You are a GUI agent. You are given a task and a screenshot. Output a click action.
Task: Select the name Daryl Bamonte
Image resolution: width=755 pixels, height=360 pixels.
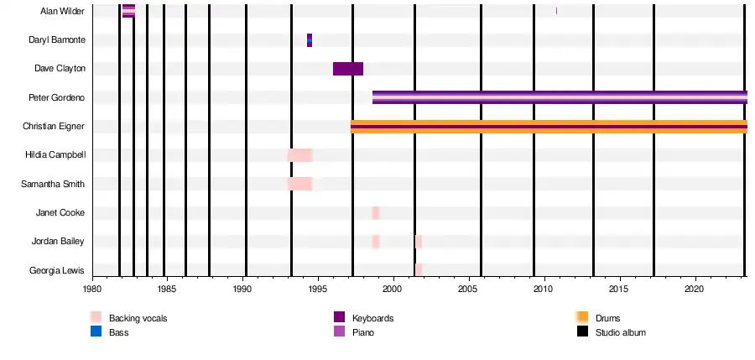(x=58, y=40)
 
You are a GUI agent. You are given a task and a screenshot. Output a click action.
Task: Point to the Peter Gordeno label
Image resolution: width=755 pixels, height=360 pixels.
(x=58, y=97)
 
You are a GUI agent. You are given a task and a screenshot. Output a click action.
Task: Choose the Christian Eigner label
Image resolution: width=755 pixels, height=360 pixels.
(x=55, y=126)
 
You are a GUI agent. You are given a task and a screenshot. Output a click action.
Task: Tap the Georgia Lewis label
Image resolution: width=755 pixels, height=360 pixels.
(x=58, y=270)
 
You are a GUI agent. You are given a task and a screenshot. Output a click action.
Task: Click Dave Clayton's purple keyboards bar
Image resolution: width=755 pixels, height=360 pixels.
(x=348, y=69)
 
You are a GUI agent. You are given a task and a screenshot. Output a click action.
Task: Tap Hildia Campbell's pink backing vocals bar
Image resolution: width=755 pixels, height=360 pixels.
(x=300, y=155)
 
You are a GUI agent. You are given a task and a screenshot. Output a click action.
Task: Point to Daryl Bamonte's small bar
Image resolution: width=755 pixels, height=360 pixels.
(x=310, y=40)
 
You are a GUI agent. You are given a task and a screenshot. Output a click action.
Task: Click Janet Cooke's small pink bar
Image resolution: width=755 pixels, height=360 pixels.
(x=376, y=212)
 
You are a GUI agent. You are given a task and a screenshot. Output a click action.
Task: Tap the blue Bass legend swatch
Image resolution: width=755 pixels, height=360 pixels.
(x=96, y=332)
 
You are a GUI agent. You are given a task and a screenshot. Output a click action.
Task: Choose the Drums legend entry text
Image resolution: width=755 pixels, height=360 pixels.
(x=608, y=318)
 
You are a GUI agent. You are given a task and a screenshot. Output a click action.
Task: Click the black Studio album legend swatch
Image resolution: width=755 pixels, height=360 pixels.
(x=582, y=332)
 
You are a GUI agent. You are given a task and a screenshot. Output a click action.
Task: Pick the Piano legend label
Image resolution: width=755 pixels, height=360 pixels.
(x=363, y=332)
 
